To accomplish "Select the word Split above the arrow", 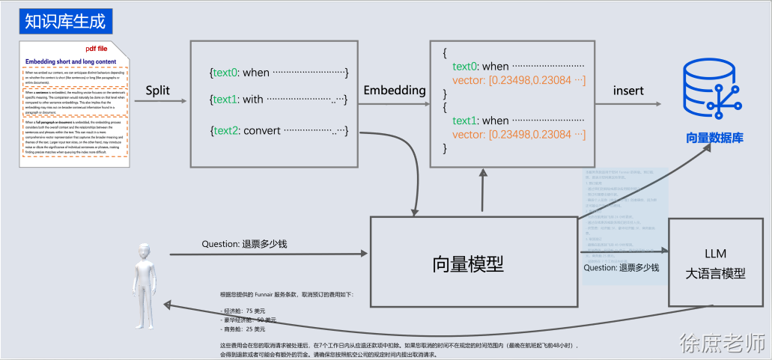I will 157,91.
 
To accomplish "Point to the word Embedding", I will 395,91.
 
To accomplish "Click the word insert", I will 628,91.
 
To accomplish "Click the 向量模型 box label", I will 468,263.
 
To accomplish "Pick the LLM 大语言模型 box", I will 715,263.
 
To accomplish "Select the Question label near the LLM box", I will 621,267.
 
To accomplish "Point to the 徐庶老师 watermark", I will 723,342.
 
